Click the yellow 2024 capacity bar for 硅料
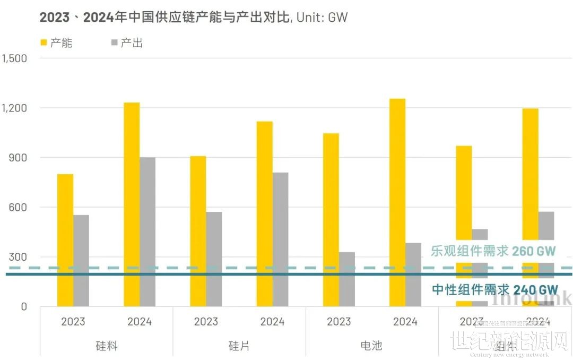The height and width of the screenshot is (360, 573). click(132, 204)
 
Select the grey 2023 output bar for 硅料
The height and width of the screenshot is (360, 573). click(81, 260)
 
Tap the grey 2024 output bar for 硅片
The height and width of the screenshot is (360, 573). click(281, 239)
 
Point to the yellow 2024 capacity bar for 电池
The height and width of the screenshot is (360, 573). click(397, 202)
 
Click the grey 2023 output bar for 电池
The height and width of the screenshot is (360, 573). click(347, 279)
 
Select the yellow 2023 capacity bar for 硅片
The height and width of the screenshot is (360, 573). click(198, 231)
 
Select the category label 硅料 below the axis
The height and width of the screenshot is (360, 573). click(106, 346)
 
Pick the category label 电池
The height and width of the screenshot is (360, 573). click(371, 346)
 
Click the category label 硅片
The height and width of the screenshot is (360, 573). click(239, 346)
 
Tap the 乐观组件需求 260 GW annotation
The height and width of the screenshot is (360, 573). click(493, 251)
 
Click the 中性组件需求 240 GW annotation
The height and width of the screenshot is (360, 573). click(494, 289)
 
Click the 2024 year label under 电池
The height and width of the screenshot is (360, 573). click(405, 322)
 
